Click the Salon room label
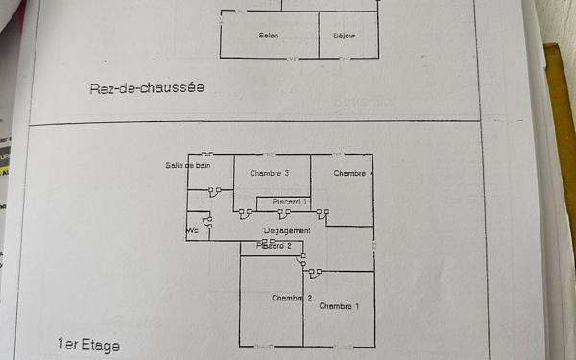coord(269,36)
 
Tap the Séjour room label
coord(344,36)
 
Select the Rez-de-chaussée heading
coord(147,88)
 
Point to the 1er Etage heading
coord(88,344)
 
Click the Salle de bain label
coord(187,165)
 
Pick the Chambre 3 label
coord(270,173)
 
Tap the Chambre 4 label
coord(352,173)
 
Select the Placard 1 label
coord(289,202)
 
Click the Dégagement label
coord(287,231)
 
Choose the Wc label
coord(192,230)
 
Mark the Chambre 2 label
coord(292,298)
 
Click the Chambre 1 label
coord(339,306)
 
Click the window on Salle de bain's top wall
coord(207,154)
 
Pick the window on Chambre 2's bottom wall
coord(262,347)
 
